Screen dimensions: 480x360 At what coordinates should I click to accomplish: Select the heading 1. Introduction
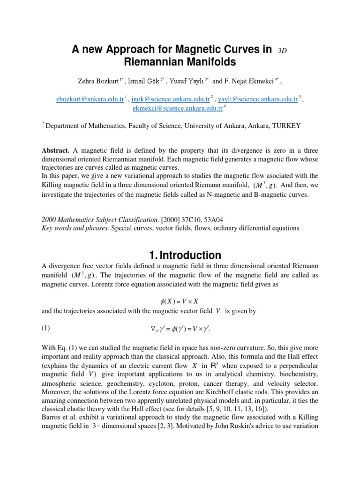pyautogui.click(x=185, y=255)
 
